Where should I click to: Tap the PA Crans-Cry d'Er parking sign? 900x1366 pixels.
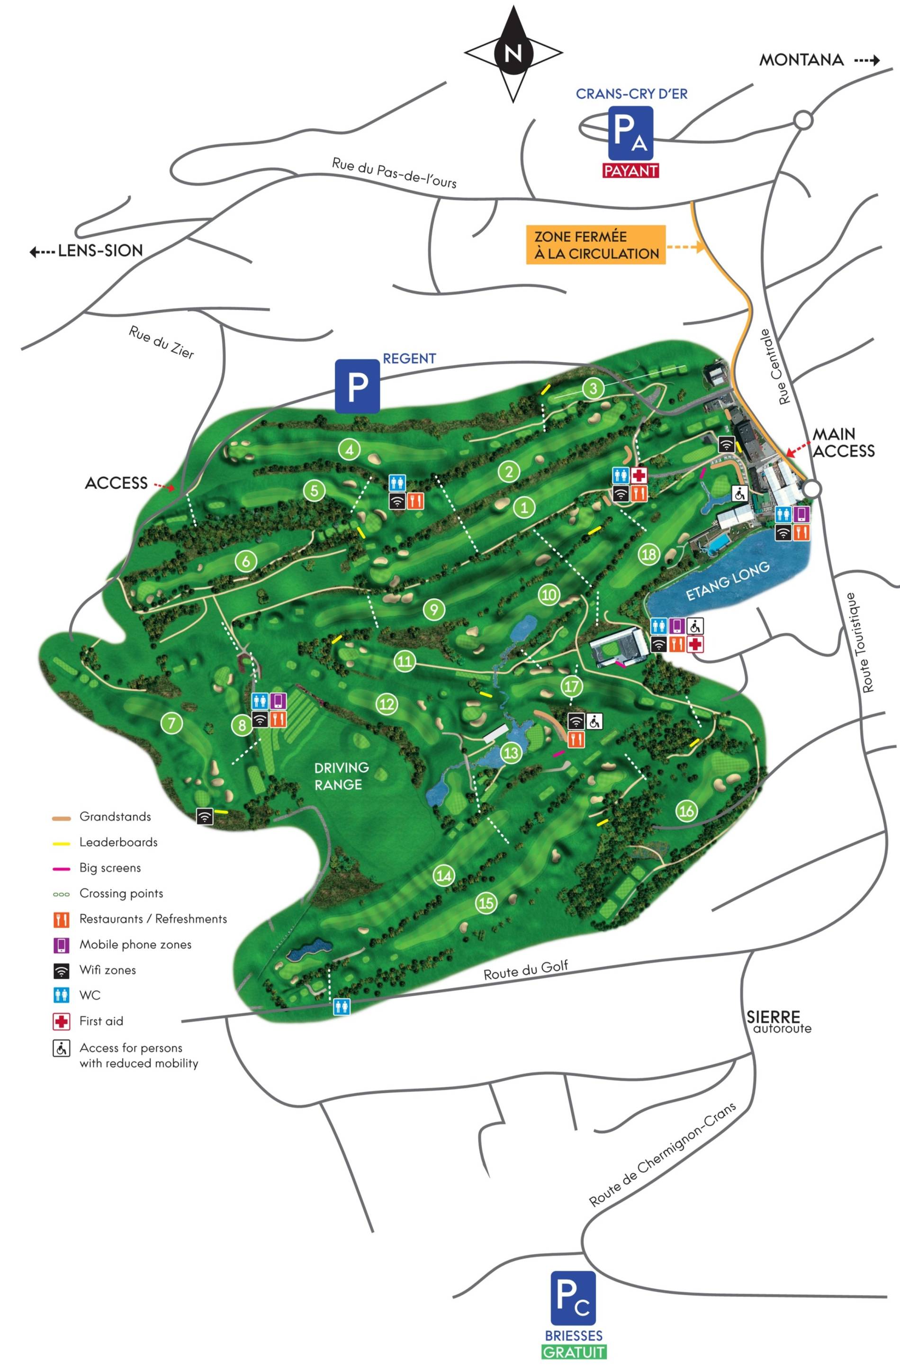coord(630,133)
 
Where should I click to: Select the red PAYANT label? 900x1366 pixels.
coord(630,171)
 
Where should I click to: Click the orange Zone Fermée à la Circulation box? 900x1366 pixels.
coord(596,245)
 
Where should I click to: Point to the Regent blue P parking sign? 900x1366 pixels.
coord(357,386)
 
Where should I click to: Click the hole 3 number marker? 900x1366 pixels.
coord(594,388)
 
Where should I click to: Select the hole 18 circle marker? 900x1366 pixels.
coord(649,555)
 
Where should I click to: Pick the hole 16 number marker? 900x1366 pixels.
coord(686,810)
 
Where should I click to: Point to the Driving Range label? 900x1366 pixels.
coord(341,775)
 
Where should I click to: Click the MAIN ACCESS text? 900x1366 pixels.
coord(843,442)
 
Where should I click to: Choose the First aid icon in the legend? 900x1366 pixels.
coord(62,1021)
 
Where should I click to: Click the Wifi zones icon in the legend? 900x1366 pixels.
coord(62,970)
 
